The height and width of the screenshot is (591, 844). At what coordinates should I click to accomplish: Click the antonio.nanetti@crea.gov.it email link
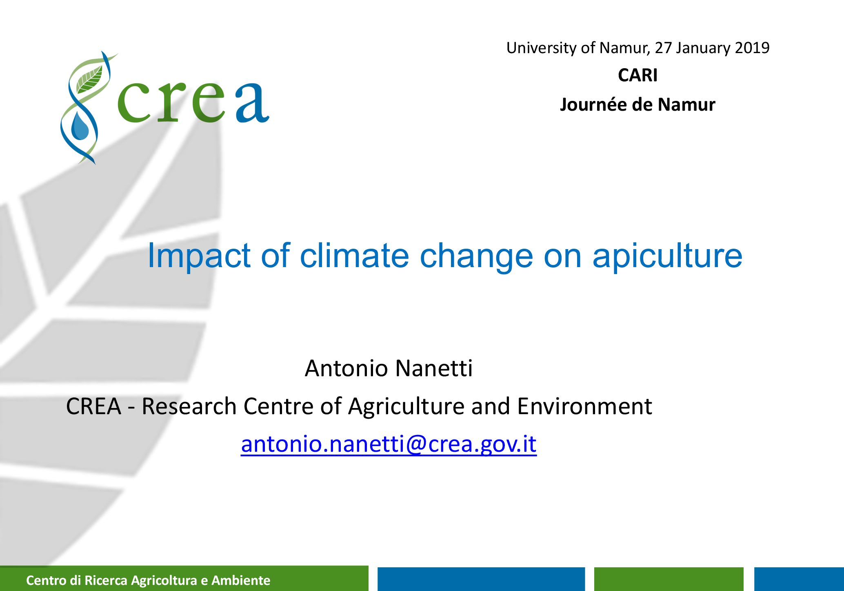point(389,444)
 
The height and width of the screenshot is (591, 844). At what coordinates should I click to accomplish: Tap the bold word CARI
point(637,75)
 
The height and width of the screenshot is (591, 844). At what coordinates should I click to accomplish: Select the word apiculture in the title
point(667,256)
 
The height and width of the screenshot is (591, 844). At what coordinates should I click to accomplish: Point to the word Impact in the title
point(199,256)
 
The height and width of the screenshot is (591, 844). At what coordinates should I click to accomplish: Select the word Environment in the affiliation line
point(584,406)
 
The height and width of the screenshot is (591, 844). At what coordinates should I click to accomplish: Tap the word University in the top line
point(542,48)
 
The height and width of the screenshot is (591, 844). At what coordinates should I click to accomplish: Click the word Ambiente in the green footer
point(241,580)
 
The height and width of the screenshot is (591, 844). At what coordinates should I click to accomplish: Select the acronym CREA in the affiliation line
point(94,407)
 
